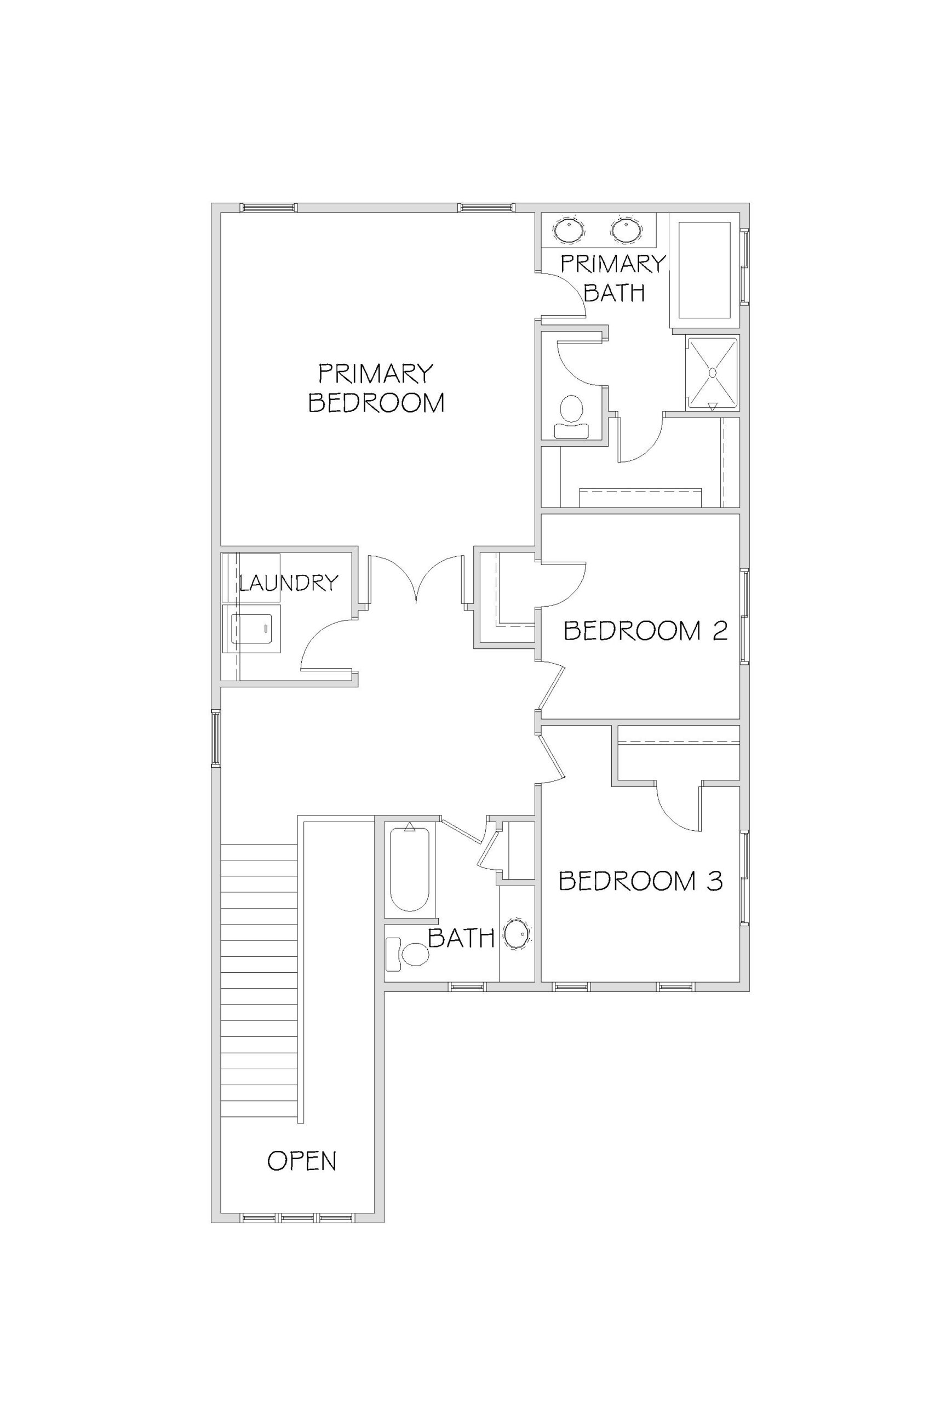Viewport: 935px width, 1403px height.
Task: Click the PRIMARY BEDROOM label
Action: pyautogui.click(x=376, y=389)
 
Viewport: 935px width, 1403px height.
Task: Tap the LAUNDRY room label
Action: pyautogui.click(x=289, y=582)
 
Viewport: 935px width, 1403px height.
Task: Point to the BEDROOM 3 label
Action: pyautogui.click(x=641, y=881)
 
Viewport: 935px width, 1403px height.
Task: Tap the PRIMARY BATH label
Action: pyautogui.click(x=613, y=278)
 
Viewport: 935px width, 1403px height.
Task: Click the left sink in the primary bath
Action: pyautogui.click(x=571, y=230)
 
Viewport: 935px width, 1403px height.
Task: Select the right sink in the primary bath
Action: pyautogui.click(x=625, y=230)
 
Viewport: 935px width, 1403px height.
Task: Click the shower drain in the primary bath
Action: pyautogui.click(x=712, y=372)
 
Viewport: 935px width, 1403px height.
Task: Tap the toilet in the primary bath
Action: pyautogui.click(x=571, y=417)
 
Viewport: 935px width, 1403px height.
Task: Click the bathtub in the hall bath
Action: pyautogui.click(x=410, y=869)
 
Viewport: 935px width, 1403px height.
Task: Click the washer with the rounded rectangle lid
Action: pyautogui.click(x=251, y=628)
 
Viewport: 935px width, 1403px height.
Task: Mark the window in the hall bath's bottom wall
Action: pyautogui.click(x=468, y=987)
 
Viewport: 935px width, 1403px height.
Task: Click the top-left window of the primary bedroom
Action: pyautogui.click(x=268, y=208)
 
